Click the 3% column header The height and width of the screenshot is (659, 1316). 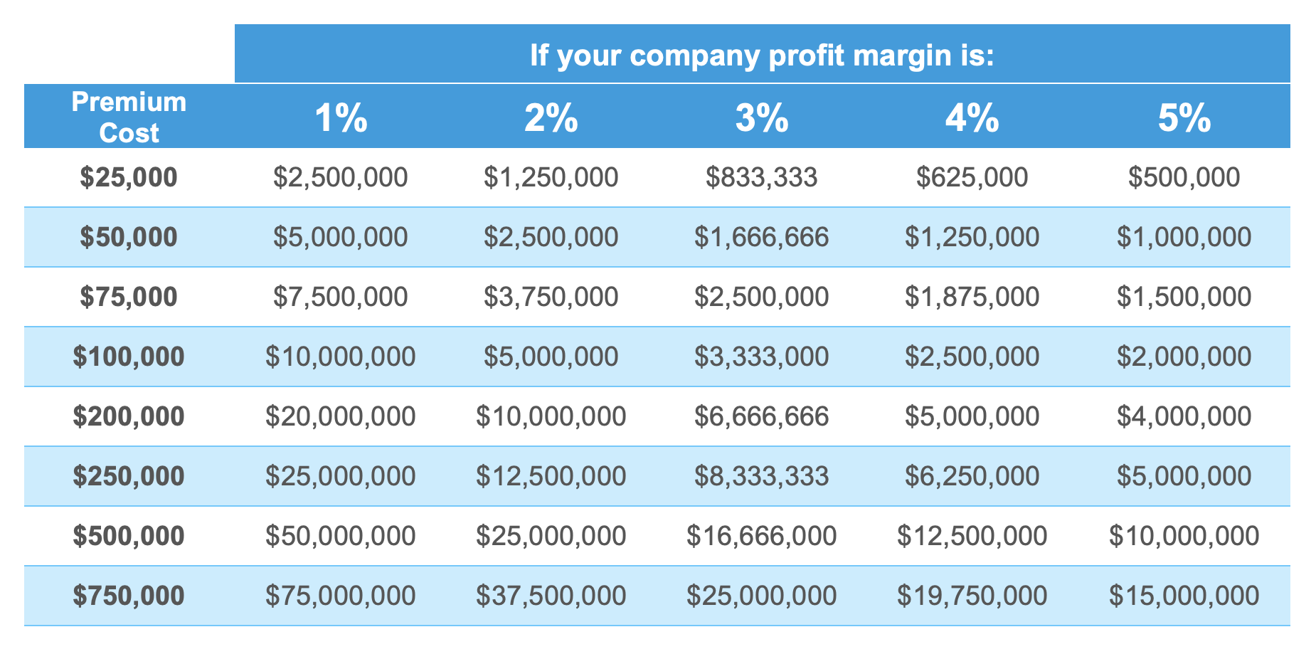point(762,118)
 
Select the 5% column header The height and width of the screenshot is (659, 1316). point(1184,118)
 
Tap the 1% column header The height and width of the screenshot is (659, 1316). point(341,118)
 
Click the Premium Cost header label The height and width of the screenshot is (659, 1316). point(129,117)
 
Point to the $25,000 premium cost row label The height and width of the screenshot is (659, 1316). point(129,177)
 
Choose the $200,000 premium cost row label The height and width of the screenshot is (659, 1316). point(129,416)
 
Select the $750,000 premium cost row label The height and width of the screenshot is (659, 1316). point(129,596)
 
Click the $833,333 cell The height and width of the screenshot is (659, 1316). point(762,177)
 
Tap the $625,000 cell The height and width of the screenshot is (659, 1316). point(972,177)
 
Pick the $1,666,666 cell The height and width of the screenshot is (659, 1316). point(762,237)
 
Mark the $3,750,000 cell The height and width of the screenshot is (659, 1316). point(551,297)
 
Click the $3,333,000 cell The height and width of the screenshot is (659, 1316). point(762,357)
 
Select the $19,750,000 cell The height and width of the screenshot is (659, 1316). point(972,596)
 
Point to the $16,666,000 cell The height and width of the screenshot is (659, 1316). point(762,536)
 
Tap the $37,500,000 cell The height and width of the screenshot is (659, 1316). point(551,596)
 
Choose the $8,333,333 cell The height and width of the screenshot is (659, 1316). point(762,476)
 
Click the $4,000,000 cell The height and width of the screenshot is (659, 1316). point(1184,416)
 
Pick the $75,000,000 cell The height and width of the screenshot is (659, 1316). point(341,596)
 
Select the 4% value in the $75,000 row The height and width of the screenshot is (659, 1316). point(972,297)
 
